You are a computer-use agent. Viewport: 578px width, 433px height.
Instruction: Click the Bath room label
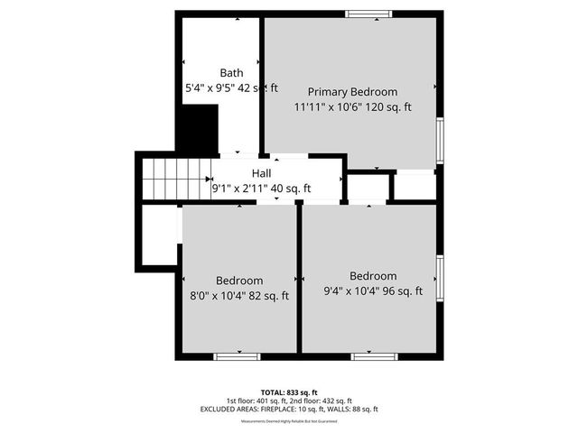coord(232,73)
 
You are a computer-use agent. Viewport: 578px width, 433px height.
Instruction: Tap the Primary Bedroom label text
coord(352,92)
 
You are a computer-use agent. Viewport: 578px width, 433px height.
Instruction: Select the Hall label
coord(261,173)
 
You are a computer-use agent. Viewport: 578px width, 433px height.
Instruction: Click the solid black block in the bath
coord(199,129)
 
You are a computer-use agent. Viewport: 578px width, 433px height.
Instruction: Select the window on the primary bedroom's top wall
coord(369,14)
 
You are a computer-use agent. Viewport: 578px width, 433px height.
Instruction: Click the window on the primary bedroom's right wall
coord(440,140)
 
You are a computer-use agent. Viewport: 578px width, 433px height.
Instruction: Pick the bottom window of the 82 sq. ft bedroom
coord(238,356)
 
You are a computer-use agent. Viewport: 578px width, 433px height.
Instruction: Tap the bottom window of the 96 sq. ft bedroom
coord(374,356)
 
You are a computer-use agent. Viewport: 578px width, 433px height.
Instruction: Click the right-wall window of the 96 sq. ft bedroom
coord(440,279)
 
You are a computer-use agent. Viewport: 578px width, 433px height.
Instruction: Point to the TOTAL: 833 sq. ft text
coord(289,392)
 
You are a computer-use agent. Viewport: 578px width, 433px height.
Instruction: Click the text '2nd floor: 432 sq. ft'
coord(320,401)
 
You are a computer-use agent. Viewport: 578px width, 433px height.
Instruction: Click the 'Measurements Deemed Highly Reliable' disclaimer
coord(289,421)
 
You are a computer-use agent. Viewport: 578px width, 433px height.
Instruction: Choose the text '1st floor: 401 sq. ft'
coord(256,401)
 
